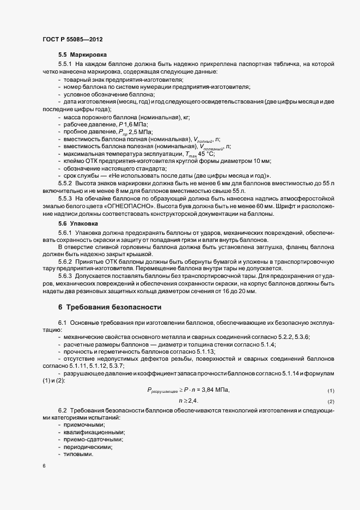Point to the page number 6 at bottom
tap(44, 466)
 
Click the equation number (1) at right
tap(330, 391)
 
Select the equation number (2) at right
tap(330, 402)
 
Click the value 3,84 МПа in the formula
tap(215, 390)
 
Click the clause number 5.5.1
tap(65, 64)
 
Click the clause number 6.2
tap(63, 409)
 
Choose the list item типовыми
tap(78, 455)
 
